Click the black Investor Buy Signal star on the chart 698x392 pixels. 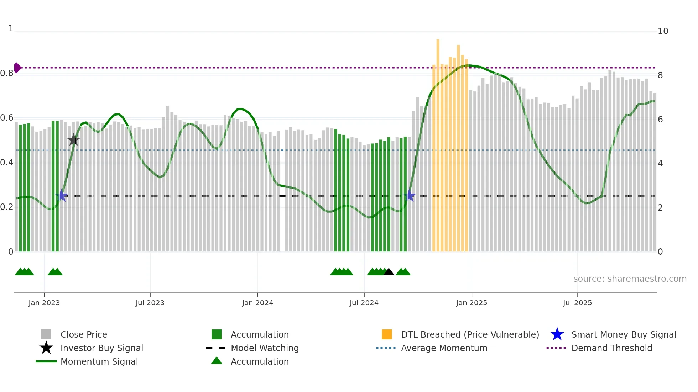(73, 140)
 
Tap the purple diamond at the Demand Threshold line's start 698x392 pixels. (17, 68)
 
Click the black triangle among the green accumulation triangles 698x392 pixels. (389, 272)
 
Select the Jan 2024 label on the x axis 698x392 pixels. (257, 303)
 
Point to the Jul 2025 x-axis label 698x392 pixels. (577, 303)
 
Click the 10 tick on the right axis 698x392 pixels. (663, 31)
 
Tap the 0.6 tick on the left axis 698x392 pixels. (7, 118)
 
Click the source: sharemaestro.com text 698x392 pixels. (630, 279)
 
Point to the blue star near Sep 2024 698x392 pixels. (410, 196)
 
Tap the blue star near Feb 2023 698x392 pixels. (61, 195)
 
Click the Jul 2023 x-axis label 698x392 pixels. (150, 303)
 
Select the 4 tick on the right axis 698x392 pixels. (660, 164)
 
